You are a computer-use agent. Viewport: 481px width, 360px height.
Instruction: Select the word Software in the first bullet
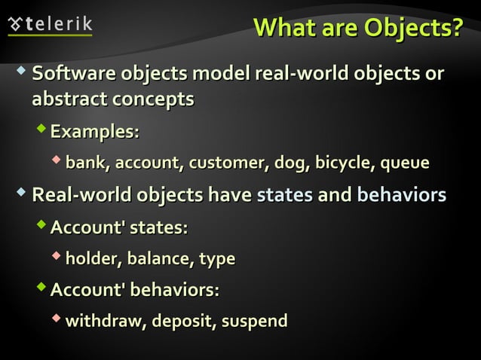72,75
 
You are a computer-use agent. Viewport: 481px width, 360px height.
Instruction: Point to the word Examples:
94,132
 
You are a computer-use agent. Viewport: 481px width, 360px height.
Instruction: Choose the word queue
406,163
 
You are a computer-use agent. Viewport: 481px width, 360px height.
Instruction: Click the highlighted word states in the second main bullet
284,195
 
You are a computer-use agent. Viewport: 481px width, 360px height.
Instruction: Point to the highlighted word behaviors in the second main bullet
400,195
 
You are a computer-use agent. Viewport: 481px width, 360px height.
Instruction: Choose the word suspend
254,322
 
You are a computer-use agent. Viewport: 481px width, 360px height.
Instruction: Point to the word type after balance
216,260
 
